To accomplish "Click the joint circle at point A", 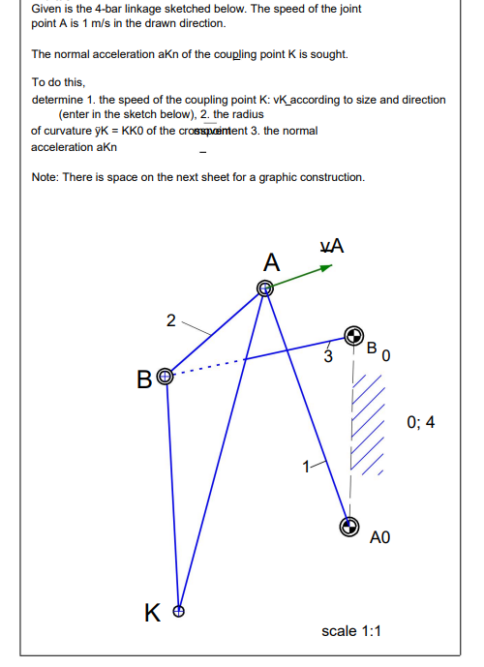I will click(265, 288).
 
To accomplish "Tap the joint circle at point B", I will click(165, 376).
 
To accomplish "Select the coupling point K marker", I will click(177, 611).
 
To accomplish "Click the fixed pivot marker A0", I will click(348, 526).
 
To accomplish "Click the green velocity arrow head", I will click(326, 268).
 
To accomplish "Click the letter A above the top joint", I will click(272, 261).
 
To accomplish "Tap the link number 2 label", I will click(170, 321).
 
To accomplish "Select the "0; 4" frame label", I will click(422, 422).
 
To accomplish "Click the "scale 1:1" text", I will click(351, 630).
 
